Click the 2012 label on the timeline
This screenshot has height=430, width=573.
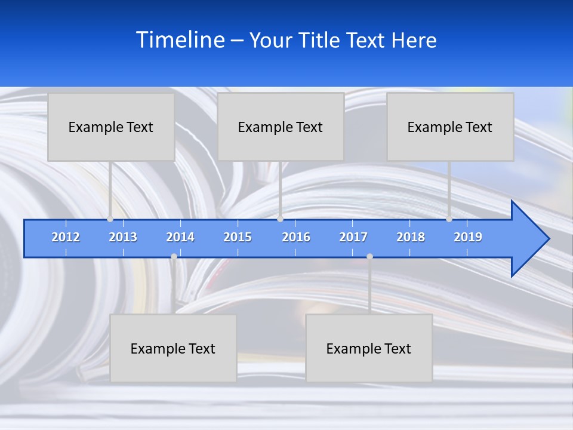(x=66, y=237)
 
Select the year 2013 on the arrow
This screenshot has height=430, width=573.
(x=123, y=237)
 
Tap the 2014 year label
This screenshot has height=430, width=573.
(x=180, y=237)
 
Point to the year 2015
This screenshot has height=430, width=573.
(x=238, y=237)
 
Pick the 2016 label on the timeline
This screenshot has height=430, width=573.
(x=296, y=237)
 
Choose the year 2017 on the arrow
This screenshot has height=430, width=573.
(x=353, y=237)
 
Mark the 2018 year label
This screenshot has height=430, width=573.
(x=411, y=237)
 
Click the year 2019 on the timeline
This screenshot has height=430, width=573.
(x=468, y=237)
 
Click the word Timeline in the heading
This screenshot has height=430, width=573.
(x=180, y=39)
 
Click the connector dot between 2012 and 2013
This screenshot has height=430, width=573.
(x=110, y=219)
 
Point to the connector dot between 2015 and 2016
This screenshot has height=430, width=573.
(x=280, y=219)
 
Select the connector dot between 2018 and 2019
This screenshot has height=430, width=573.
(x=449, y=219)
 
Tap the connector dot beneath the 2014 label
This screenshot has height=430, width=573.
(x=174, y=257)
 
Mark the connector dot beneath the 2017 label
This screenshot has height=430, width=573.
(x=369, y=257)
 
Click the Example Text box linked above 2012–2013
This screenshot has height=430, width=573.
(x=111, y=127)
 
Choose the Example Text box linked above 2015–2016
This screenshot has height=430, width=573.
(x=281, y=127)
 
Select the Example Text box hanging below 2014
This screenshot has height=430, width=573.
(x=173, y=348)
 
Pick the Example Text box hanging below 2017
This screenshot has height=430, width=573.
(x=369, y=348)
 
